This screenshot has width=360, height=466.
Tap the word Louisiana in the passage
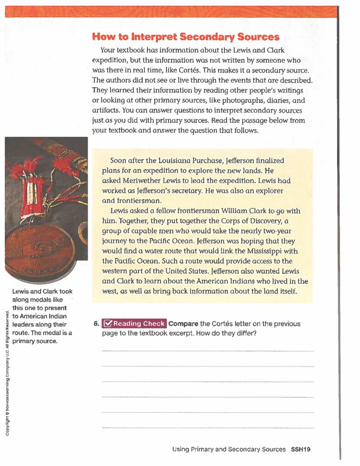pyautogui.click(x=174, y=161)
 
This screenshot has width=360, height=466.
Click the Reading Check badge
pyautogui.click(x=134, y=324)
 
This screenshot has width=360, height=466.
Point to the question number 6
pyautogui.click(x=96, y=324)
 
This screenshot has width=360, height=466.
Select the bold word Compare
pyautogui.click(x=183, y=324)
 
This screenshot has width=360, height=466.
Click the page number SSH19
pyautogui.click(x=301, y=449)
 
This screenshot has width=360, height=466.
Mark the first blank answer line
pyautogui.click(x=208, y=350)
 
